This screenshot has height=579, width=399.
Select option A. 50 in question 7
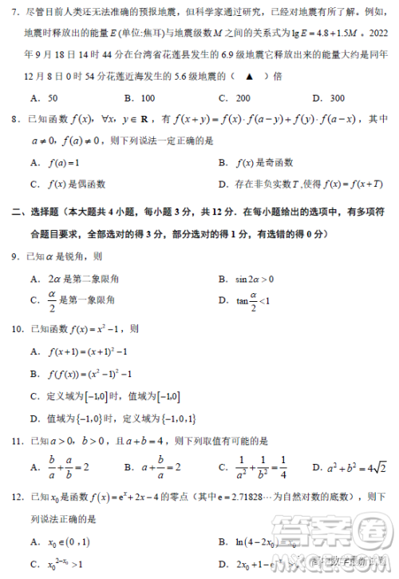click(45, 97)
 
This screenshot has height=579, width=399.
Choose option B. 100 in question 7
click(140, 97)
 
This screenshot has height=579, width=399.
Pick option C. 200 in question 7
click(235, 97)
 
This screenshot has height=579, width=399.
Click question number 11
click(15, 441)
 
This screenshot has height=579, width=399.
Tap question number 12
click(15, 497)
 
